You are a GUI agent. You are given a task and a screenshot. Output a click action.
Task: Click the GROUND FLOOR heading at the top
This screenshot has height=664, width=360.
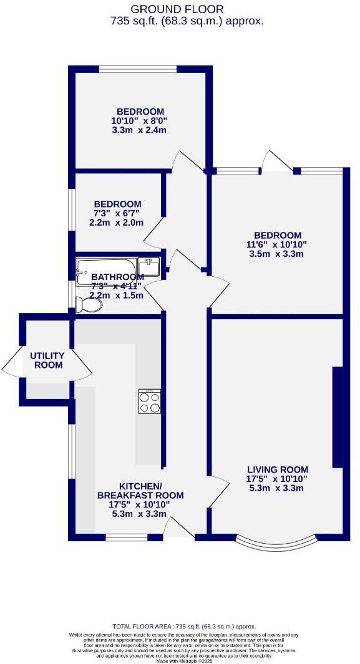[177, 9]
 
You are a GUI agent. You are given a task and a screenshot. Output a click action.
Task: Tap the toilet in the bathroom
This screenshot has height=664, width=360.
[89, 305]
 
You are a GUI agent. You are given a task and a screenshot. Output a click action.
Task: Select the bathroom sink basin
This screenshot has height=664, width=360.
[148, 266]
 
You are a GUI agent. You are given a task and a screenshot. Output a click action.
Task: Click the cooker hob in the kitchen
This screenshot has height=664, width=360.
[149, 401]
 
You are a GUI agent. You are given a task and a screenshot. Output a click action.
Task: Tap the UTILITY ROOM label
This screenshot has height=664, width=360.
[47, 360]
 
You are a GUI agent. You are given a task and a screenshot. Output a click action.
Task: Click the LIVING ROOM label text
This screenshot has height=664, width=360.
[277, 469]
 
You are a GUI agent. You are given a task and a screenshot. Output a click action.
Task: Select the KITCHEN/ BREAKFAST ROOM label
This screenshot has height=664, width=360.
[140, 491]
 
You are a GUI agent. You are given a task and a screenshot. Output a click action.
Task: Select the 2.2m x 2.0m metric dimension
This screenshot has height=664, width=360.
[117, 223]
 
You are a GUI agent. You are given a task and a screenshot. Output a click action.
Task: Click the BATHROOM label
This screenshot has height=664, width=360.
[117, 277]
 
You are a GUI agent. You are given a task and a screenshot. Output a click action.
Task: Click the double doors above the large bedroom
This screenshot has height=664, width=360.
[278, 161]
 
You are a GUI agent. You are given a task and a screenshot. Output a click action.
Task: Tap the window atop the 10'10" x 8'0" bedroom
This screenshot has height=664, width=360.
[139, 69]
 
